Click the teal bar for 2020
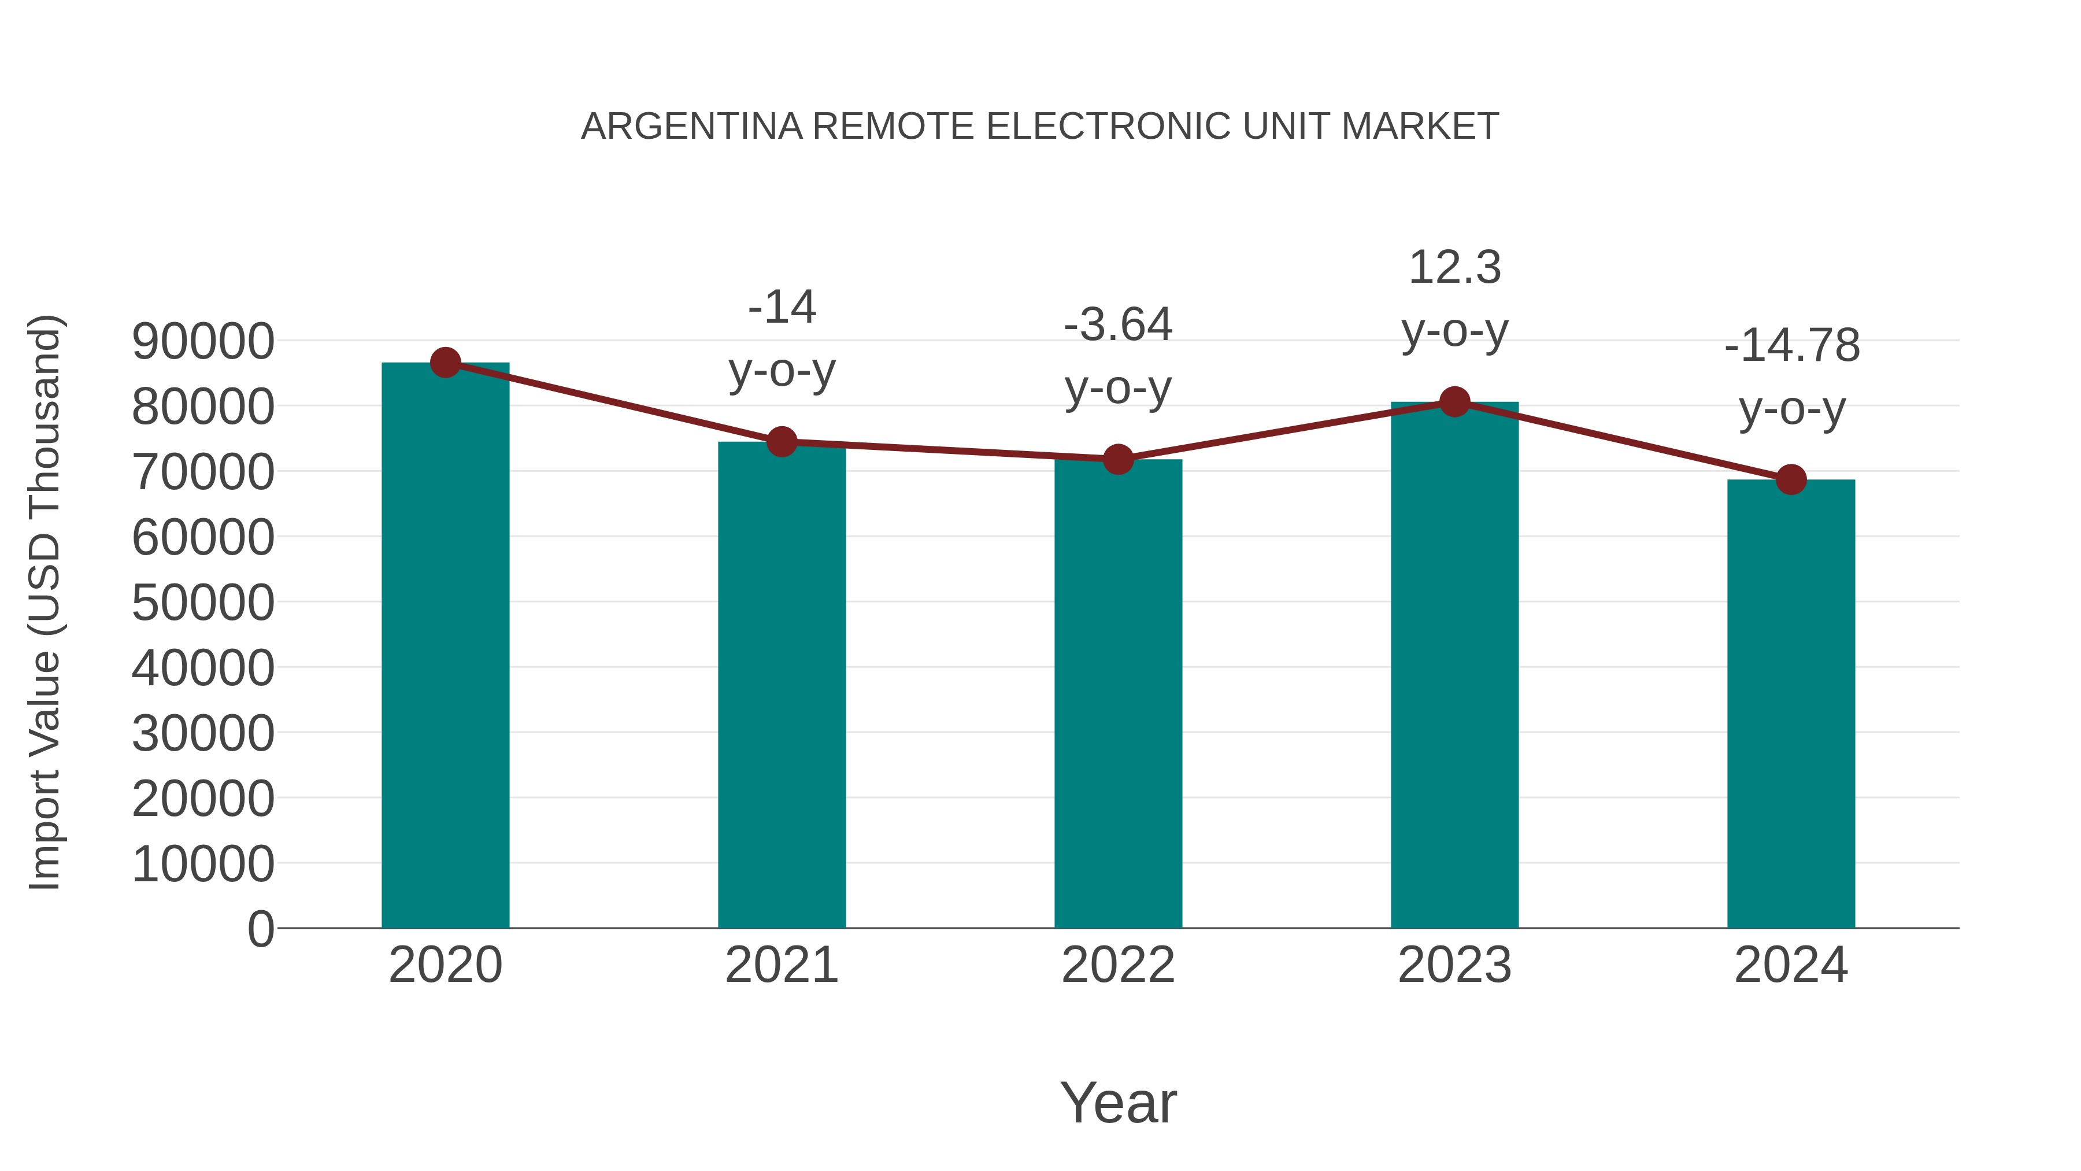(445, 647)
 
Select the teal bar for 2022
(1118, 695)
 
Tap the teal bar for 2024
(1791, 703)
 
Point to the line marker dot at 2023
(1455, 402)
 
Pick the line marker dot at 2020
(445, 363)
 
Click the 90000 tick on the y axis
(203, 341)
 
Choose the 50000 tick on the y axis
(203, 603)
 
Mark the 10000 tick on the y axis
(203, 864)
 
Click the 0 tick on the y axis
(261, 929)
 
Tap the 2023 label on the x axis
(1455, 965)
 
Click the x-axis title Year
(1118, 1102)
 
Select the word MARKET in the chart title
(1419, 127)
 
